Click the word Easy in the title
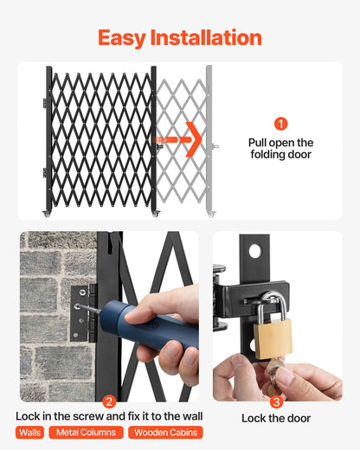(125, 38)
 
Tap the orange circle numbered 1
(280, 124)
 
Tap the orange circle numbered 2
(109, 401)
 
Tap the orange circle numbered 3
(276, 401)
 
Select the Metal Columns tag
(86, 432)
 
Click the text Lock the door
(277, 418)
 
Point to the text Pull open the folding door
(280, 149)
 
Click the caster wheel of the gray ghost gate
(210, 213)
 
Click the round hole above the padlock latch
(255, 251)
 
